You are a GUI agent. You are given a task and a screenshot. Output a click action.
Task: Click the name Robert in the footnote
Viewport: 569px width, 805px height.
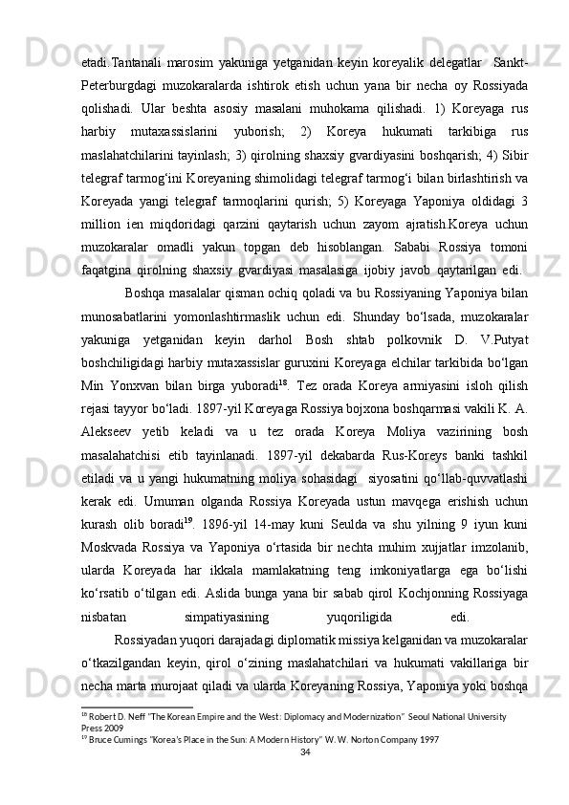pos(98,715)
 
